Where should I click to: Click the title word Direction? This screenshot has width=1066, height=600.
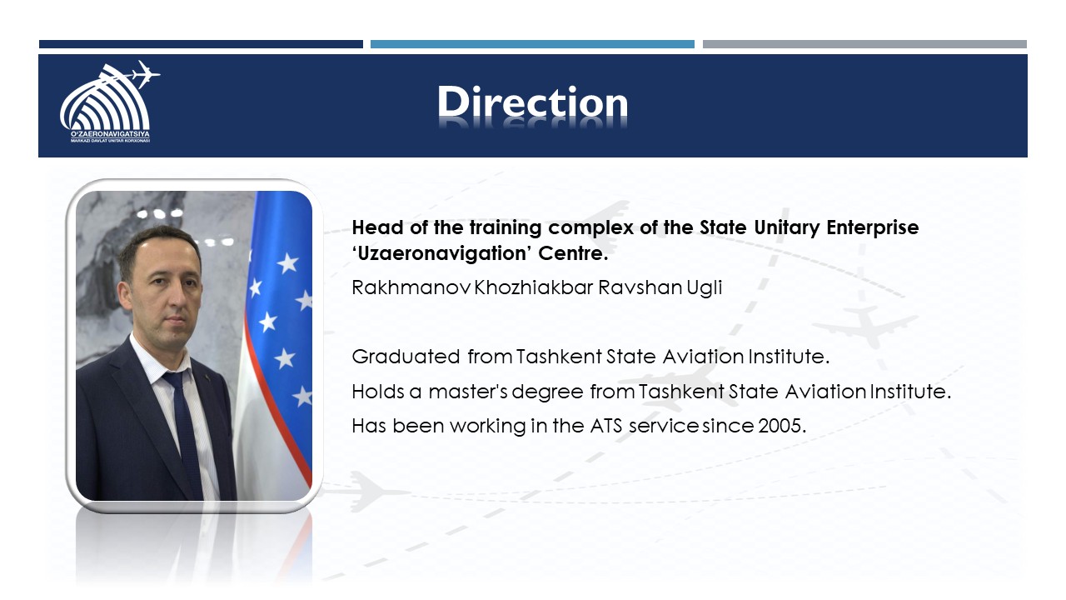tap(532, 102)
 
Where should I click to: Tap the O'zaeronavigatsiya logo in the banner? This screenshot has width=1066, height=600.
tap(109, 102)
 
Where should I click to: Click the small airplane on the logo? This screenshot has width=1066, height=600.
tap(144, 74)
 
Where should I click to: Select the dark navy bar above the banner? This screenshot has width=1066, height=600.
tap(201, 44)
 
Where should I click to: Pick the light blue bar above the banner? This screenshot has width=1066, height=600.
tap(532, 44)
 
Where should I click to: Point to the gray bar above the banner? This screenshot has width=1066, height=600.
tap(864, 44)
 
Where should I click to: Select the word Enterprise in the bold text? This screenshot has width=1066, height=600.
tap(872, 228)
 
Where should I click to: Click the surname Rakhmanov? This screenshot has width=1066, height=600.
tap(411, 287)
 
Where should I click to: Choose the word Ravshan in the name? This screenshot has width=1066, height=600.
tap(640, 287)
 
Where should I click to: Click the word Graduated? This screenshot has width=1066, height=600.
tap(406, 357)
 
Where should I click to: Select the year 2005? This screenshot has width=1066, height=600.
tap(780, 426)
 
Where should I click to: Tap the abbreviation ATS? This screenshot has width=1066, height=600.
tap(605, 426)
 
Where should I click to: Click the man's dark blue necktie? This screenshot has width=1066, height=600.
tap(184, 428)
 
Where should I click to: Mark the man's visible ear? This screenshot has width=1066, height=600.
tap(125, 294)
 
